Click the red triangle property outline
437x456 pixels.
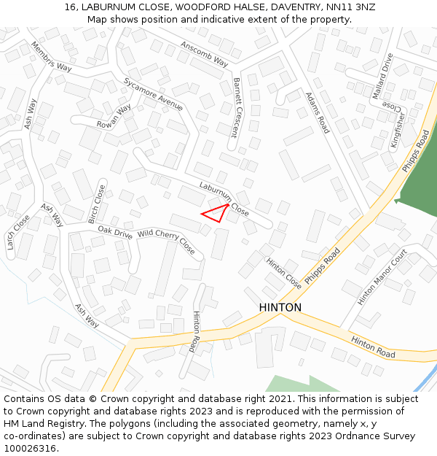tap(216, 212)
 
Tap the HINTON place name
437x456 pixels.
tap(280, 308)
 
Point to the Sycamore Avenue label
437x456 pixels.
tap(153, 93)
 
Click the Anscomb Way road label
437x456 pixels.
tap(205, 54)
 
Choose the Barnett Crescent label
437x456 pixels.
tap(236, 107)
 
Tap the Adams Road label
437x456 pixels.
tap(318, 112)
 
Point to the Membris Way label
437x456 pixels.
tap(51, 57)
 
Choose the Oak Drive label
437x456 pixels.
tap(115, 233)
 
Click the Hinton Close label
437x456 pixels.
tap(283, 274)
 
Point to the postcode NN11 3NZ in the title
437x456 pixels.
tap(347, 7)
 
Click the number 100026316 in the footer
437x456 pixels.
tap(30, 449)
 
